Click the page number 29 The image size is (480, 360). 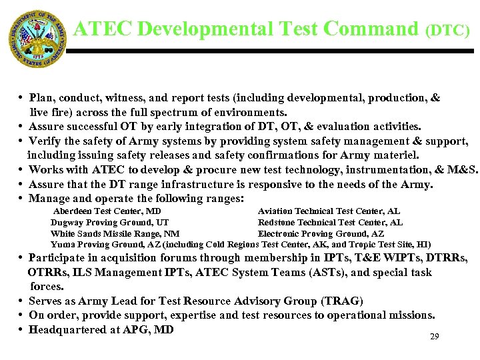pos(434,337)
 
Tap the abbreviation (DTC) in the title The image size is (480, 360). pos(447,31)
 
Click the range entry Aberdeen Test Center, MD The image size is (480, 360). pos(107,211)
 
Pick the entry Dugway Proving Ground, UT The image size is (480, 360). pos(109,223)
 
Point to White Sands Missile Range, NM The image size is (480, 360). pos(115,234)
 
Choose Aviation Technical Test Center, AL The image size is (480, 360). pos(329,211)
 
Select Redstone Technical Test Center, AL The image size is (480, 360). pos(330,223)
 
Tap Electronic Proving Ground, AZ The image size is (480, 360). pos(321,234)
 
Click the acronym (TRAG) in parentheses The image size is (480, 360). pos(342,301)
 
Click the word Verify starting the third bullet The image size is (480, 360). pos(45,141)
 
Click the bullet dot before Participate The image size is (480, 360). pos(22,258)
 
